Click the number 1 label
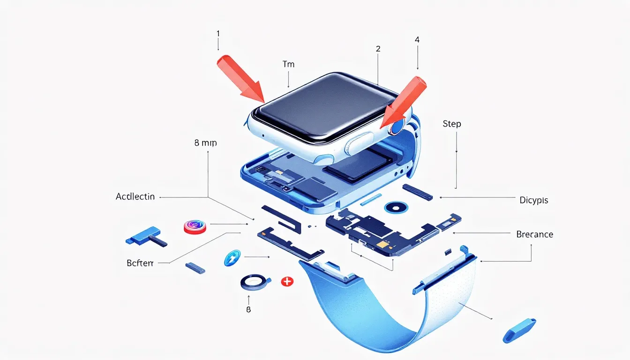coord(218,34)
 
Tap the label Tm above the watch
coord(289,64)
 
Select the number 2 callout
coord(378,48)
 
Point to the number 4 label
coord(417,40)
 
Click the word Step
coord(452,124)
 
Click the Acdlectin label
coord(135,197)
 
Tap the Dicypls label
coord(533,200)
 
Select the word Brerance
coord(534,234)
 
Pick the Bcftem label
coord(140,263)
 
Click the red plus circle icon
coord(286,282)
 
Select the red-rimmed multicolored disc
coord(195,227)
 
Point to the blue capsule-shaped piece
coord(519,330)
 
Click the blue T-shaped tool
coord(145,236)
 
